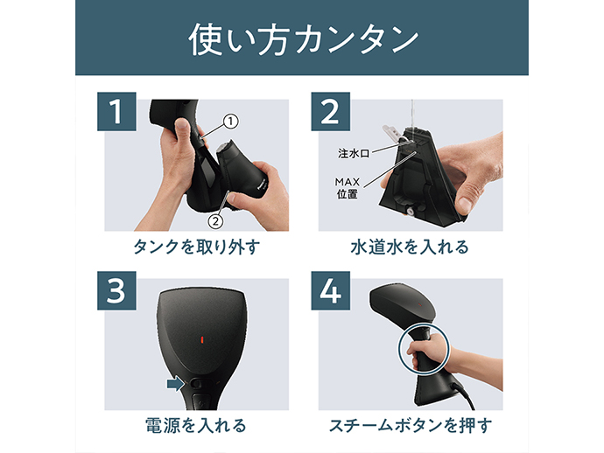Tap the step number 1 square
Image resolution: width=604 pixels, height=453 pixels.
tap(116, 112)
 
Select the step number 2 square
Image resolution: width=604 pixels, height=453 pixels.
tap(331, 112)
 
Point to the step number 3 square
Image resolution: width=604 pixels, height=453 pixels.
tap(116, 290)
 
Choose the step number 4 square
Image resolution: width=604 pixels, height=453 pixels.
tap(331, 290)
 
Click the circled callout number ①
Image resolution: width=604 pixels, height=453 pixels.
tap(230, 122)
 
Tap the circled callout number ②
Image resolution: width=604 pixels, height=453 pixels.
tap(215, 221)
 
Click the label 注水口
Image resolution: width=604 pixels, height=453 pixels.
tap(354, 154)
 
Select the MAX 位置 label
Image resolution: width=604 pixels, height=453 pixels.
tap(347, 188)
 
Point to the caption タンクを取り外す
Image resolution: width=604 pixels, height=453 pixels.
tap(197, 247)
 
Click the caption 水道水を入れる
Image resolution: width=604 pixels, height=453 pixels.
tap(410, 247)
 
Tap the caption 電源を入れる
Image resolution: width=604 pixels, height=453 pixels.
tap(196, 426)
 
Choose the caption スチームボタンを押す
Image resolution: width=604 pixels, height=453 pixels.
tap(411, 426)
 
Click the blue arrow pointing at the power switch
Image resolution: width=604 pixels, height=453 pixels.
tap(176, 383)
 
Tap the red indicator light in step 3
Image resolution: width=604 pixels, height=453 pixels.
tap(201, 339)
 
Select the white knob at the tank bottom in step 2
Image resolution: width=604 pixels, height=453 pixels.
tap(410, 211)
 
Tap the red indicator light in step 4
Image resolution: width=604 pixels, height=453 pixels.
tap(419, 304)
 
